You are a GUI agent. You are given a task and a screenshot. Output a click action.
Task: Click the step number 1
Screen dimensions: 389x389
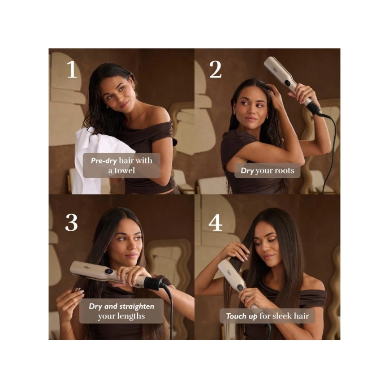pos(72,69)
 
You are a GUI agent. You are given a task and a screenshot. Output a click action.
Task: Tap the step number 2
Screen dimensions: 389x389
pos(215,69)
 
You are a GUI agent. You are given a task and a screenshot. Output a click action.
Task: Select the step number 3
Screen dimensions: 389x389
pos(71,222)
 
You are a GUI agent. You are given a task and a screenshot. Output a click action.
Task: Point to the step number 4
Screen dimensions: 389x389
pos(215,222)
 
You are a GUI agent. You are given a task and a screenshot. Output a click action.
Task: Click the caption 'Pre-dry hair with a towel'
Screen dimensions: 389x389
pos(121,165)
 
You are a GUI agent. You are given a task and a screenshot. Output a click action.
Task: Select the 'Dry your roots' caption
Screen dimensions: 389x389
pos(267,170)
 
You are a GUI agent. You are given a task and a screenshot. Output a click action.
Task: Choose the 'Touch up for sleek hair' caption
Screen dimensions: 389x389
pos(267,316)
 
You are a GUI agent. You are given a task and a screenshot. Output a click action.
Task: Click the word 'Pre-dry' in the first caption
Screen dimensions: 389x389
pos(103,160)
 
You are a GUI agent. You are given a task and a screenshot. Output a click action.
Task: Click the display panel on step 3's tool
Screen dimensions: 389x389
pos(108,272)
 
